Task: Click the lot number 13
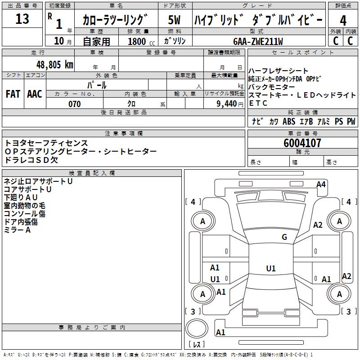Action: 22,19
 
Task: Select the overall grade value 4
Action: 343,20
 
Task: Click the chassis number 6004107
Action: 302,144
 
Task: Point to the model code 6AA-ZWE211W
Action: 258,41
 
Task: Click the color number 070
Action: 74,104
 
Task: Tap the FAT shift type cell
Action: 13,94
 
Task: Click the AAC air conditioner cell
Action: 34,94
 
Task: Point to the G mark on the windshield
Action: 284,237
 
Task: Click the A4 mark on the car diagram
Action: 321,184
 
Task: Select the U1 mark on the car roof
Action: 270,269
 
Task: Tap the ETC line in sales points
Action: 258,103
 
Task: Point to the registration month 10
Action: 58,41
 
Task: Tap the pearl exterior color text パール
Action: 97,85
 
